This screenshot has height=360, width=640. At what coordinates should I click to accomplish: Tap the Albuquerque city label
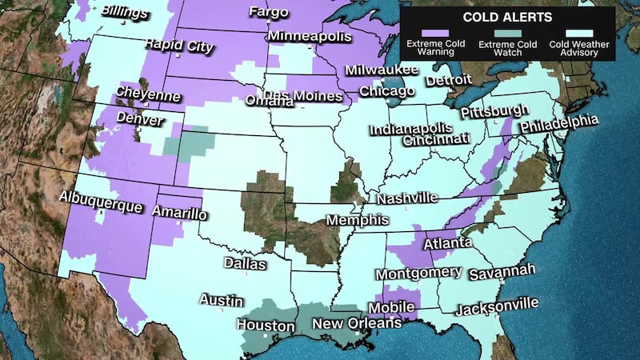coord(100,201)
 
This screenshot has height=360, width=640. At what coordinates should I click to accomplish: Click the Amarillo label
coord(179,213)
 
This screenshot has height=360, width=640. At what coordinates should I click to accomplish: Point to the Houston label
coord(265,326)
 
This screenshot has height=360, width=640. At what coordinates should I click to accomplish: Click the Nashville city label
coord(407,198)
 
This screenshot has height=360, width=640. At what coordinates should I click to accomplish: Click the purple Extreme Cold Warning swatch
coord(429,34)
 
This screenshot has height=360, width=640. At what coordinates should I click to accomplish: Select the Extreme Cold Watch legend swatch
coord(507,34)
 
